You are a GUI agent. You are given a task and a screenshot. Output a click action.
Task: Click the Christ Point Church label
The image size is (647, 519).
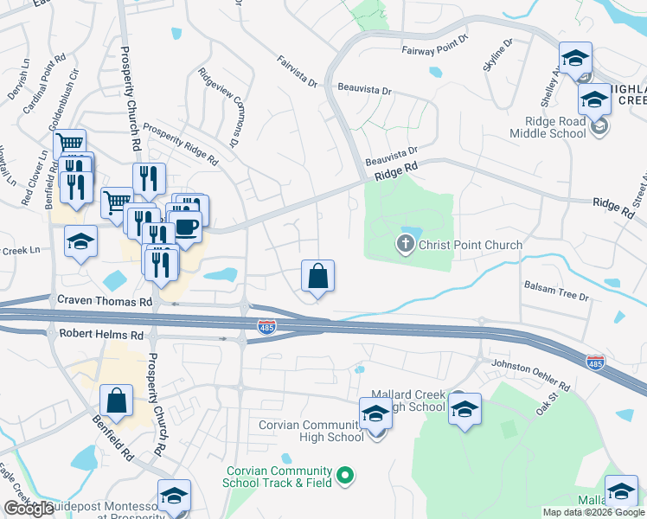(470, 245)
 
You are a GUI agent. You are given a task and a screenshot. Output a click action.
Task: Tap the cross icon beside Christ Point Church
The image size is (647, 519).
(404, 245)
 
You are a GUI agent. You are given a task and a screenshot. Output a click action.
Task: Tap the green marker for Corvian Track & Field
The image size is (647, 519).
(345, 475)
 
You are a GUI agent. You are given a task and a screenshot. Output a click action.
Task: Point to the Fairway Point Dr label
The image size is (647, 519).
(435, 46)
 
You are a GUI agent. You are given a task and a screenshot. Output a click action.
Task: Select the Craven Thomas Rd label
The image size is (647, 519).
(104, 301)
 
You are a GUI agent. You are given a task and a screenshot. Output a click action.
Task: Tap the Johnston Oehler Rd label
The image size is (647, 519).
(530, 375)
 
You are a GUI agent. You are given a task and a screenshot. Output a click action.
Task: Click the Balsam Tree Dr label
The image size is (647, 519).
(556, 290)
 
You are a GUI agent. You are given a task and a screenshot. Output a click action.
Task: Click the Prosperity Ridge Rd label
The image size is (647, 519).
(181, 143)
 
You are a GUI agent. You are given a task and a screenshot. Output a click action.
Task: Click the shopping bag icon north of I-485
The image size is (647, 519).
(317, 277)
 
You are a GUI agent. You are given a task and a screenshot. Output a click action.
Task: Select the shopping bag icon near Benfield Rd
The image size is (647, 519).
(116, 401)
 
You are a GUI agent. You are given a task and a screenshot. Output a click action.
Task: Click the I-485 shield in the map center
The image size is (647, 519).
(267, 326)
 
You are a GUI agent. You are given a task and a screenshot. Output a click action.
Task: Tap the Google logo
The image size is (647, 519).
(29, 509)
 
